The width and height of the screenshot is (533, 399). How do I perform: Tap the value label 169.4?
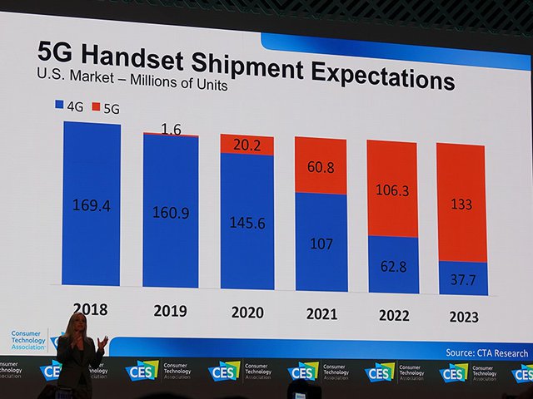coord(92,205)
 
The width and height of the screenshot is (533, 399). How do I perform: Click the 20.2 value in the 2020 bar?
coord(247,145)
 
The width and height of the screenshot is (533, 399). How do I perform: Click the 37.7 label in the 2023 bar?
coord(462,279)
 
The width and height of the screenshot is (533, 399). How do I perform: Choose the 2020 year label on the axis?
coord(247,313)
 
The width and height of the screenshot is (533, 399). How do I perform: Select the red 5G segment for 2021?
coord(321,166)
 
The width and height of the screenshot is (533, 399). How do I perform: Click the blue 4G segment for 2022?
coord(392,264)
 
